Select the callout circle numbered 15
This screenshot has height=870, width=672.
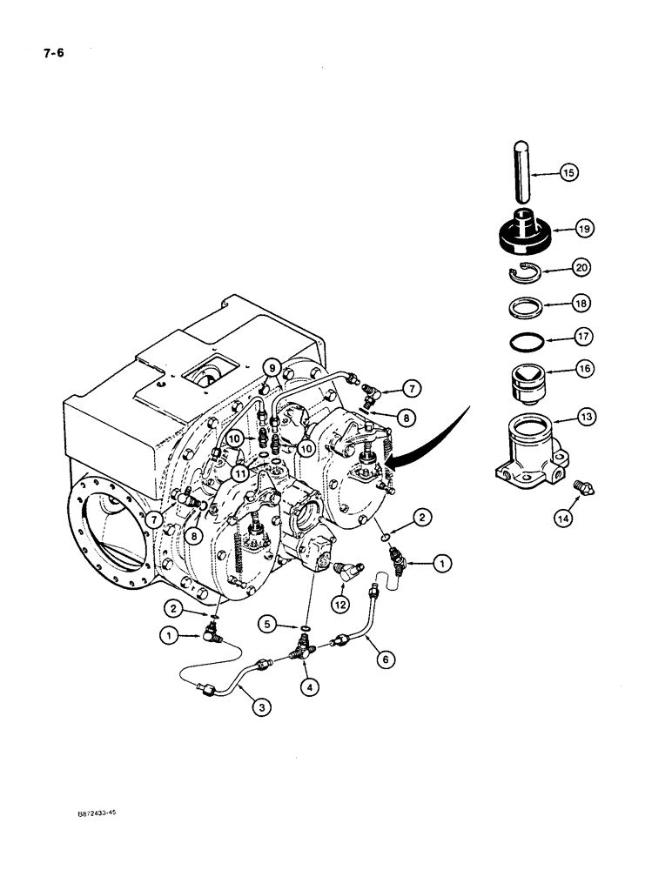568,173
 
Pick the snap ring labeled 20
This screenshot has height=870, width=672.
523,271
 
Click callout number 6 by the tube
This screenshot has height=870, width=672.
379,659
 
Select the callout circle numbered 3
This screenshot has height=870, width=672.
259,732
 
